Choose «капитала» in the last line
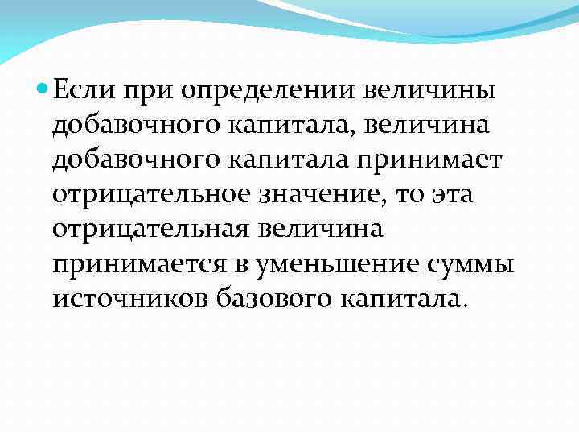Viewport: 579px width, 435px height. click(x=403, y=299)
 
